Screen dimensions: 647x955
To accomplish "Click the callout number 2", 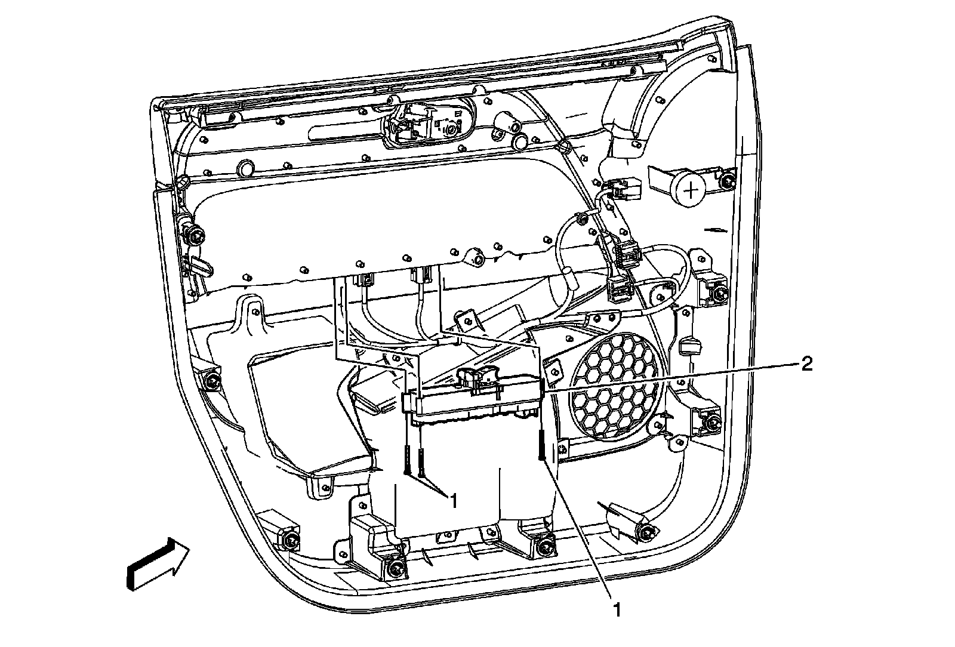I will [x=806, y=365].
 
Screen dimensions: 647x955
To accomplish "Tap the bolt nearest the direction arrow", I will [x=291, y=541].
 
